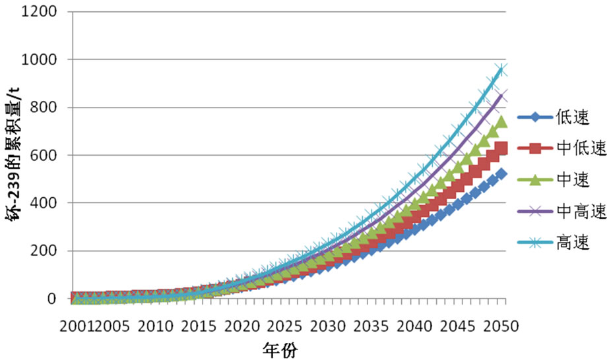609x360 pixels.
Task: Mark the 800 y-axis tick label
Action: [x=43, y=107]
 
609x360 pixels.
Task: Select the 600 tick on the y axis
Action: [x=43, y=156]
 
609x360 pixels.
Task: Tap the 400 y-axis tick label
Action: [x=43, y=203]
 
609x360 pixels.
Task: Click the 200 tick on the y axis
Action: [x=43, y=251]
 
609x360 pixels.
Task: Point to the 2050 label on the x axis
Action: [x=501, y=326]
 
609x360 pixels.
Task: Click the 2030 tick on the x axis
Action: [x=329, y=326]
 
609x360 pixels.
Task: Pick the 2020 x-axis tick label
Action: [x=241, y=326]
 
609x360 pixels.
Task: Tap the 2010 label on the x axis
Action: [x=155, y=326]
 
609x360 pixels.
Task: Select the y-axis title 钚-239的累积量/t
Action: [x=15, y=156]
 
